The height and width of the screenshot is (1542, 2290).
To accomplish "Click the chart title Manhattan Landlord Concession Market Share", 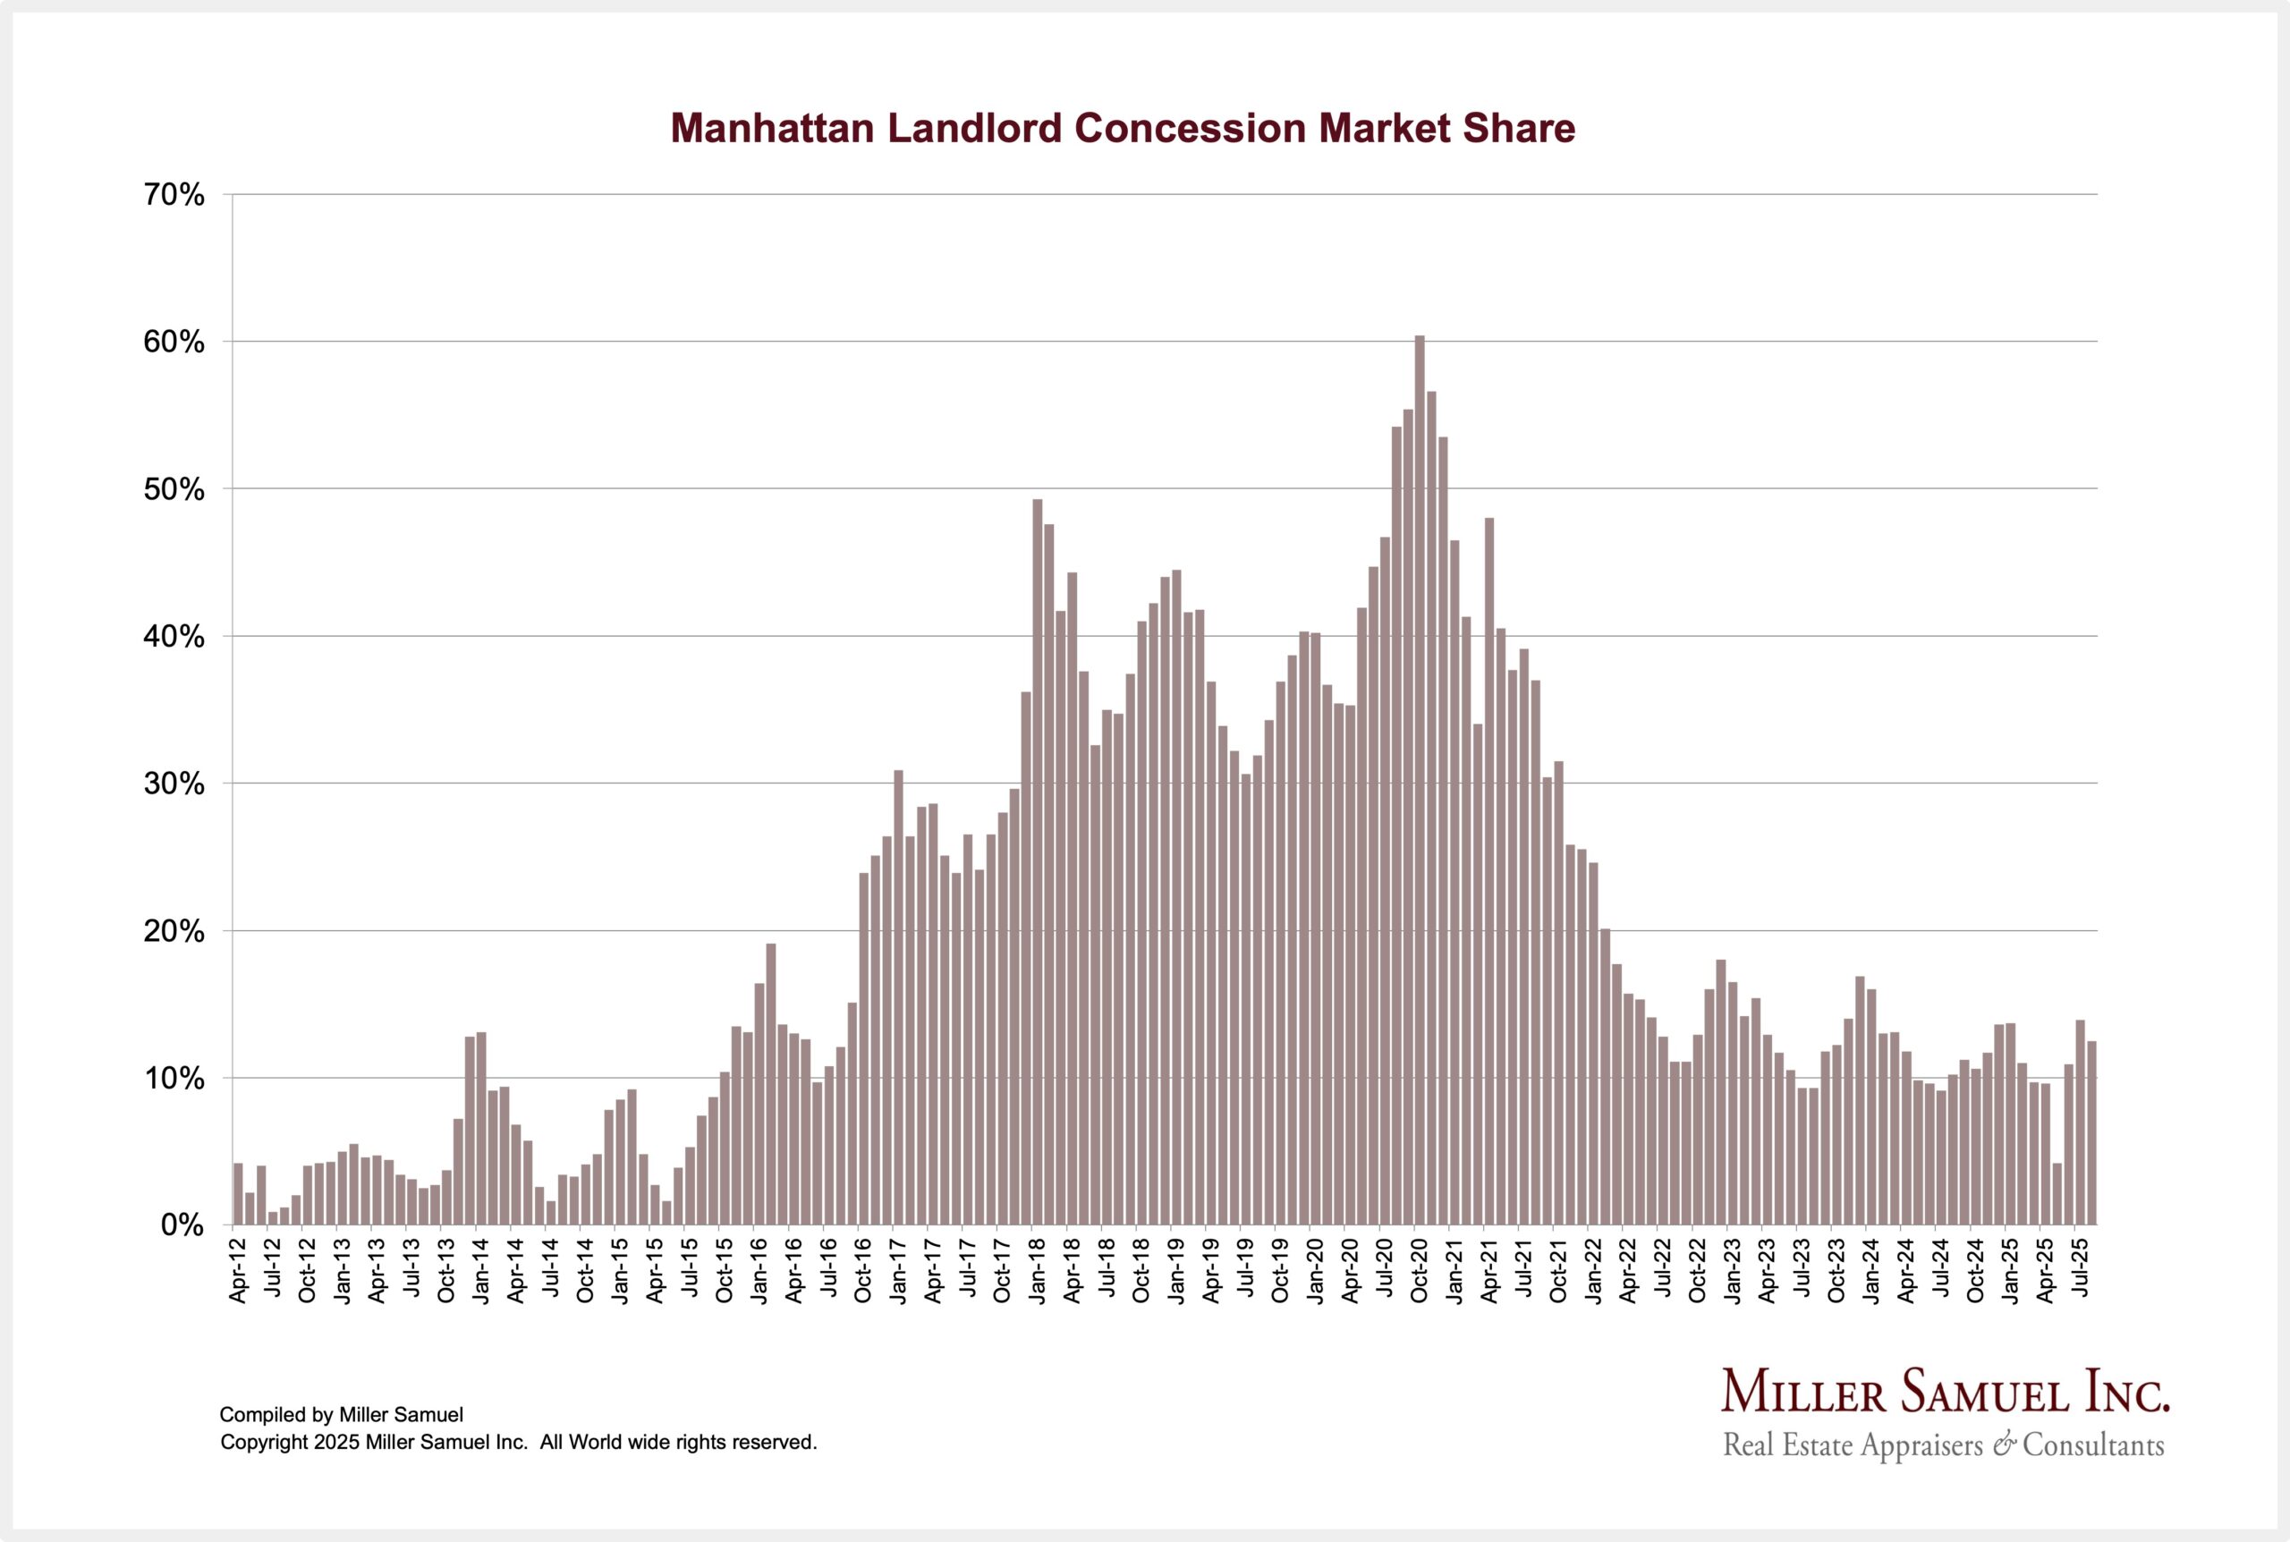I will point(1122,129).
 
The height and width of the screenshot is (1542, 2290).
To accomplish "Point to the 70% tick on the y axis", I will point(174,196).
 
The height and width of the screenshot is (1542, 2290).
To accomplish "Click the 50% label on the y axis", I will point(174,490).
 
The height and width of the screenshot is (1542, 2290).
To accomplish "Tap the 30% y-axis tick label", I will point(174,784).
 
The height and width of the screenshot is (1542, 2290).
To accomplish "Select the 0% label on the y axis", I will point(182,1226).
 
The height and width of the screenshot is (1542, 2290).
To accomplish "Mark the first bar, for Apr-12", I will point(238,1194).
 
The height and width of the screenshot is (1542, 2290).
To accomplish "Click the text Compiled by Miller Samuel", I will point(340,1415).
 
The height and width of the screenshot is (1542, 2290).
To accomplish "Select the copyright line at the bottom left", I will point(518,1443).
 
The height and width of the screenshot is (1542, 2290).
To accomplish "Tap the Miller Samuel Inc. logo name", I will point(1946,1393).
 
